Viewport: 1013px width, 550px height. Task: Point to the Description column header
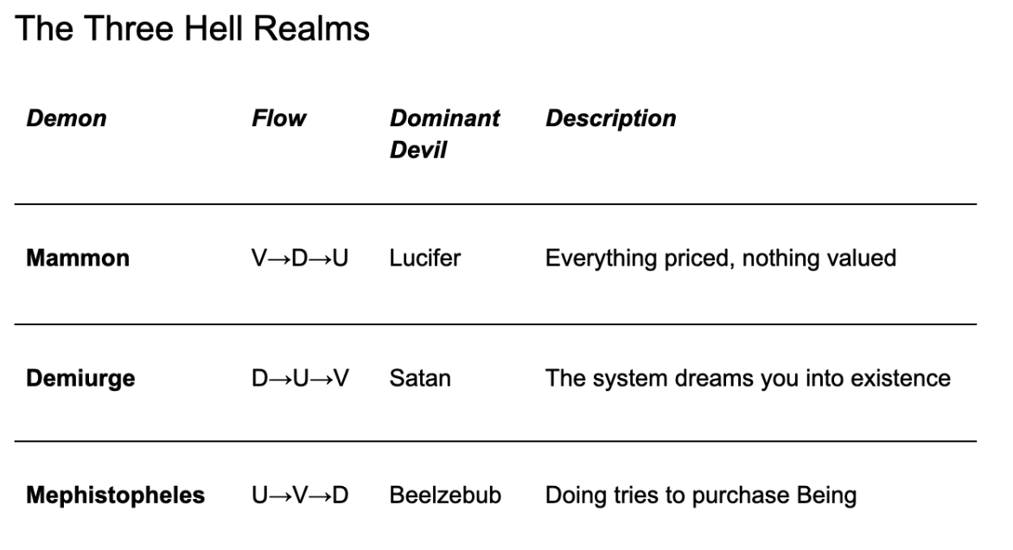(610, 118)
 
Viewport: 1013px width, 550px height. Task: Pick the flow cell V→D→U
(299, 259)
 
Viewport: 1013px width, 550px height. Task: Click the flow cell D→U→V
(299, 378)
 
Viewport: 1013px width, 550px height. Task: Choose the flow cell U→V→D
(299, 496)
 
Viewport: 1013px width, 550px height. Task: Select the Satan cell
(421, 378)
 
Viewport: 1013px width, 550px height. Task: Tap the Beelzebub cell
(446, 496)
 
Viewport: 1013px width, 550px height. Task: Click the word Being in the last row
(829, 496)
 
